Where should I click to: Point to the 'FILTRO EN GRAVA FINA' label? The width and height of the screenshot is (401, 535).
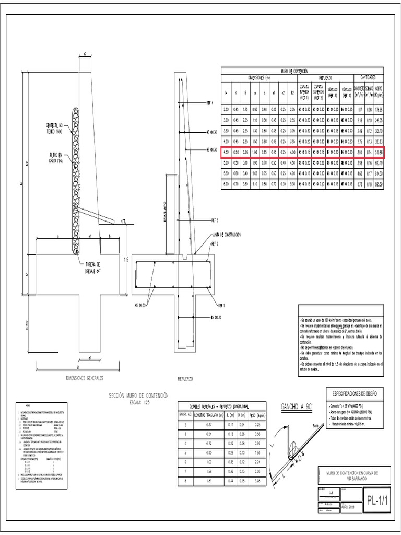point(53,158)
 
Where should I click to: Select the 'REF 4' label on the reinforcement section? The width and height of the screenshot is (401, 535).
point(211,102)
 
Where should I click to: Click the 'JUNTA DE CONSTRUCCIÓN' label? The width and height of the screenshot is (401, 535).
point(227,235)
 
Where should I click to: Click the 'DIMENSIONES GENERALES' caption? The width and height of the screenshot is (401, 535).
point(84,377)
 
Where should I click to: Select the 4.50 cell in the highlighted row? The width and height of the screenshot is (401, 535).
point(226,152)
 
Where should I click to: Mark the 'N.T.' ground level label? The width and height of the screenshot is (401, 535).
point(124,221)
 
